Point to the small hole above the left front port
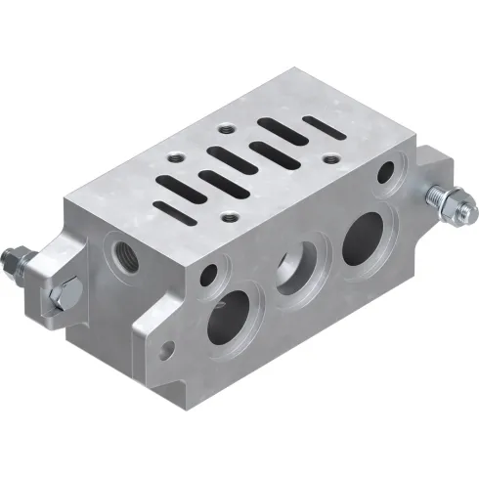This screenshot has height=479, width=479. click(x=207, y=278)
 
